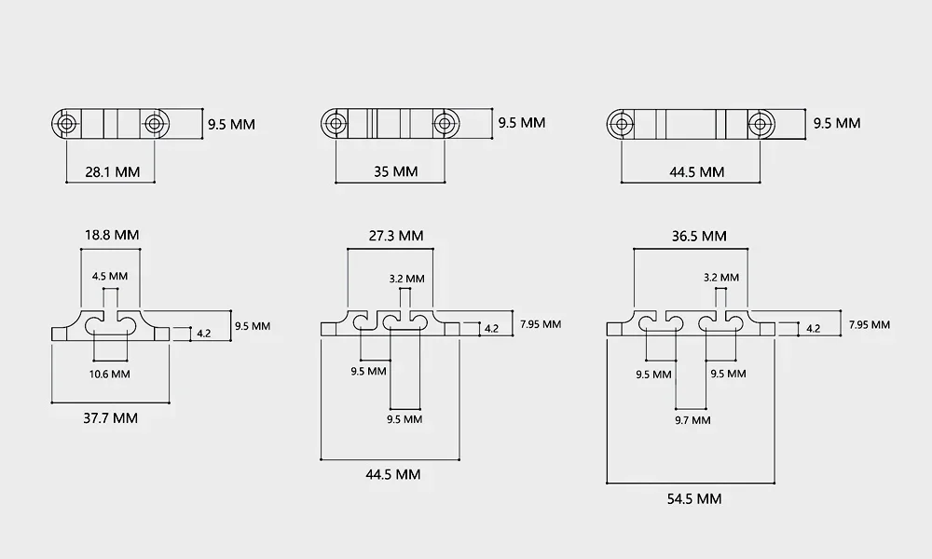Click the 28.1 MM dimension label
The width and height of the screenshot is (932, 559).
pos(111,172)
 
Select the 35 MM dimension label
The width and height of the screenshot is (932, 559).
pos(391,172)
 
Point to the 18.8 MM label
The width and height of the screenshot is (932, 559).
pos(111,235)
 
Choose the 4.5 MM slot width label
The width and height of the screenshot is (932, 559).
pos(110,277)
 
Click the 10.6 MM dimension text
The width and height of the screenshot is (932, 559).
pos(111,374)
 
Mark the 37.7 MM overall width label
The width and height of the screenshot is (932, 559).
pos(111,418)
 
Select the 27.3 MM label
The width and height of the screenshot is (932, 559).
pos(395,236)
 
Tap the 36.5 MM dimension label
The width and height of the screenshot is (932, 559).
pos(698,236)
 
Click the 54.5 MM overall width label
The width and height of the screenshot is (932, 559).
pos(693,498)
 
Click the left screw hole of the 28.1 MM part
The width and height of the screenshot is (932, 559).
pos(67,123)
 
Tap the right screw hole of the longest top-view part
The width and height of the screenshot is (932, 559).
pos(761,123)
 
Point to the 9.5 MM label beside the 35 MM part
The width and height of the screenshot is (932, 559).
pos(521,123)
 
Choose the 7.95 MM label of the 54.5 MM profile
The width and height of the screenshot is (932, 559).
pos(869,324)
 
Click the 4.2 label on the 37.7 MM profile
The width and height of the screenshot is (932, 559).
pos(204,332)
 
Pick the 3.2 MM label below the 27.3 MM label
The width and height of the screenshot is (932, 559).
pos(406,278)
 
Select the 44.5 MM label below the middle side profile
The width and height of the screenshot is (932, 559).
pos(392,474)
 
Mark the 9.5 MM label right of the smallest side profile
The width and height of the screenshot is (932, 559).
pos(252,326)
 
